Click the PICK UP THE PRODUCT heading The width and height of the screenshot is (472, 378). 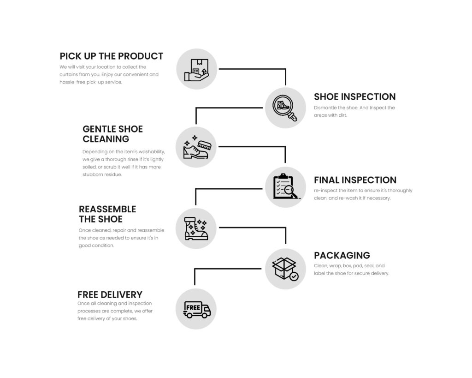click(111, 56)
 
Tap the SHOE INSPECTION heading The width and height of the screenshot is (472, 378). click(354, 97)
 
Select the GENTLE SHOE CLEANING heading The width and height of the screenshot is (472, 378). click(112, 134)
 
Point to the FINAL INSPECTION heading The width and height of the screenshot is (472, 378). click(355, 180)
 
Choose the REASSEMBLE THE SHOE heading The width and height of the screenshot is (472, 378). click(107, 214)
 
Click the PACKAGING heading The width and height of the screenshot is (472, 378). click(342, 255)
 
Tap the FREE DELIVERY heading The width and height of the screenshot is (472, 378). click(110, 294)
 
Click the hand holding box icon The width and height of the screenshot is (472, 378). click(197, 69)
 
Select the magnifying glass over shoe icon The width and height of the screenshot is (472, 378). click(285, 108)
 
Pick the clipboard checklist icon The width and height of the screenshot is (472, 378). click(285, 187)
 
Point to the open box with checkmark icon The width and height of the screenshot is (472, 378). click(285, 269)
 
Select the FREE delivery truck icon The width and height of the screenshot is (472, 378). click(197, 309)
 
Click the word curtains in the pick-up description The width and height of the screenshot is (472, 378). click(69, 74)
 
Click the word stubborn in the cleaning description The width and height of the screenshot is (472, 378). click(94, 174)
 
